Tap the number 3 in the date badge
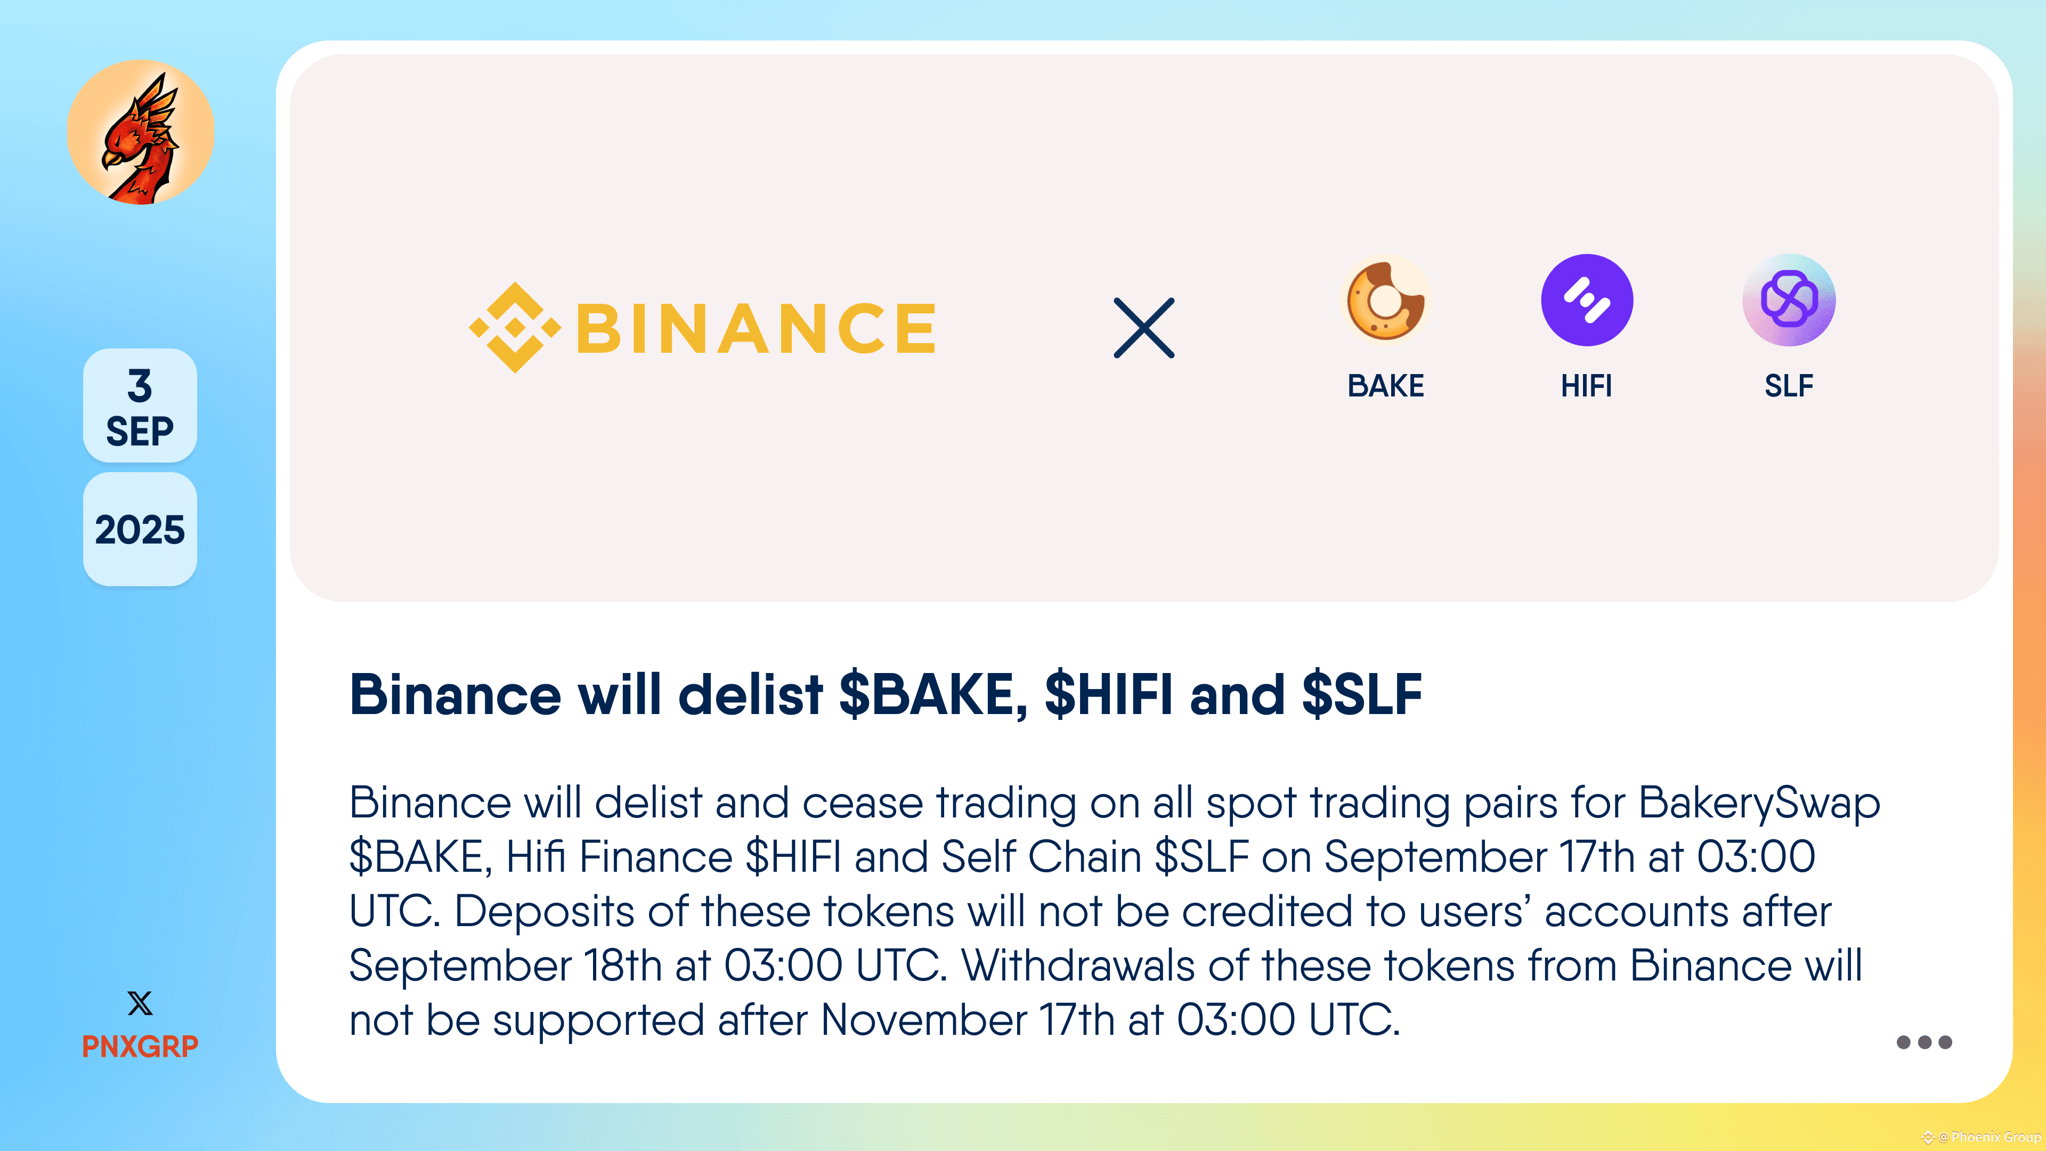(x=140, y=386)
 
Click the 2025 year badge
(x=140, y=530)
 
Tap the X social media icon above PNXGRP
(x=140, y=1003)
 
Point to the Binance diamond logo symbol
(x=515, y=327)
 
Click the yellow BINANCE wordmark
(x=756, y=328)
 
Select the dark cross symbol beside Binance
(x=1144, y=328)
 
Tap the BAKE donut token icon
(x=1386, y=300)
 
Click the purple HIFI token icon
(x=1587, y=300)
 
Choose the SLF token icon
(x=1789, y=300)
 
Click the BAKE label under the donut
(x=1386, y=386)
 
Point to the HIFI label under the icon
(x=1587, y=386)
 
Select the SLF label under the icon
(x=1789, y=386)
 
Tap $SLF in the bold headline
(x=1361, y=695)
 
